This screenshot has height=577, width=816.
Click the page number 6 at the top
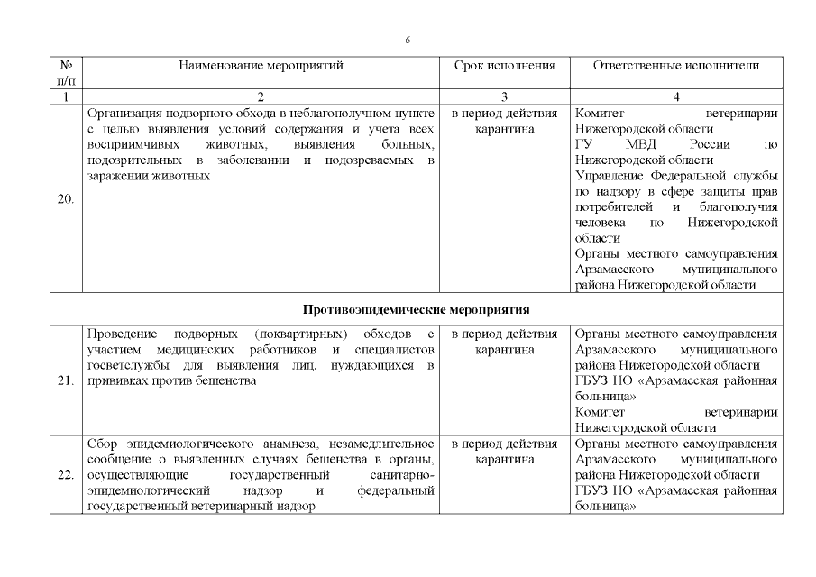[408, 41]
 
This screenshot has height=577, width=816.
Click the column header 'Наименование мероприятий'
[261, 65]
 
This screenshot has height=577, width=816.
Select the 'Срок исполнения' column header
[504, 65]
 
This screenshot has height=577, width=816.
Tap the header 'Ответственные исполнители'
[675, 65]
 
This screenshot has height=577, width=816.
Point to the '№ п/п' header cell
[66, 72]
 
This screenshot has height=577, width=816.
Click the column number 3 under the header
[504, 96]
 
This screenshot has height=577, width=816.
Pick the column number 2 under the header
[261, 96]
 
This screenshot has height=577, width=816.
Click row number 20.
[66, 199]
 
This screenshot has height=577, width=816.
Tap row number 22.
[66, 475]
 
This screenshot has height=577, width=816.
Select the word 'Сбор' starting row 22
[102, 444]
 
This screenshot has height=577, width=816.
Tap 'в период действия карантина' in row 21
[504, 343]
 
